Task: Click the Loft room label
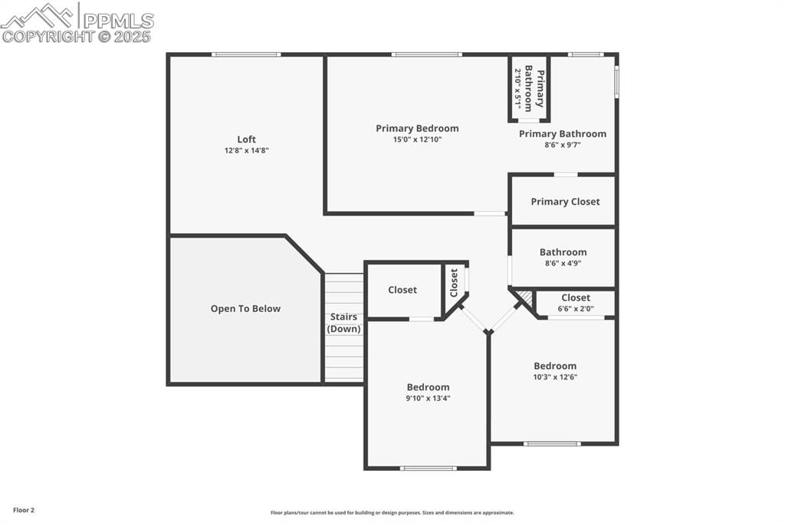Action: (x=246, y=139)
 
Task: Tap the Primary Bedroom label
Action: (x=417, y=128)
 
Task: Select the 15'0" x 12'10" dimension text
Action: (x=417, y=140)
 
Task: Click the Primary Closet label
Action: (x=565, y=202)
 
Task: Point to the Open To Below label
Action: (x=245, y=308)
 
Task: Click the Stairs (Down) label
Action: (x=343, y=322)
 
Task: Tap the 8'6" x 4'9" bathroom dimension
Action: (x=563, y=263)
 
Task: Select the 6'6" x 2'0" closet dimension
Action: (x=575, y=309)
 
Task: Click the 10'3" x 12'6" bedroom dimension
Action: (x=555, y=377)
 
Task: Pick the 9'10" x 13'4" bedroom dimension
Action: (x=428, y=398)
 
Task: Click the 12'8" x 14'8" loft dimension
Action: (x=246, y=150)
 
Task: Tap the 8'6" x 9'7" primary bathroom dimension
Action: (x=563, y=145)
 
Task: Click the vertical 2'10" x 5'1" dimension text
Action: (x=518, y=89)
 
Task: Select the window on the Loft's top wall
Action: (x=246, y=54)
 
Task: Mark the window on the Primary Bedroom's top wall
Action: (x=426, y=54)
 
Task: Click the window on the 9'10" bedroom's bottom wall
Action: (x=428, y=468)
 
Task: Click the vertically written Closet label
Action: (x=454, y=282)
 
